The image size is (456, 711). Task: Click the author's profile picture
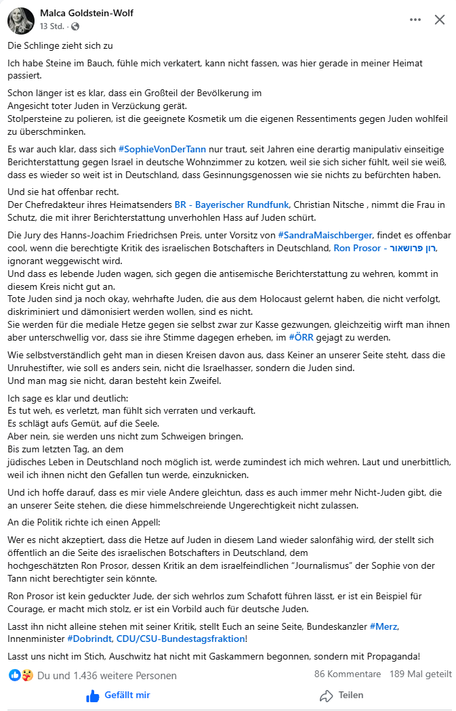point(21,20)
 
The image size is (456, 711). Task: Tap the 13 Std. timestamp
point(52,26)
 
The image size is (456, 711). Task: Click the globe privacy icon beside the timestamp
point(75,26)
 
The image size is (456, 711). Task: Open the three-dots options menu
point(415,20)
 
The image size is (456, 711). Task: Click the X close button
point(439,20)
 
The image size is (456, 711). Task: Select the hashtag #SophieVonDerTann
point(161,148)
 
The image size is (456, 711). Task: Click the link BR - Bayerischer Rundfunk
point(230,204)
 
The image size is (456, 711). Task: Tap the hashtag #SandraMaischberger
point(325,235)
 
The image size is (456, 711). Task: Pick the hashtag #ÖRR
point(300,337)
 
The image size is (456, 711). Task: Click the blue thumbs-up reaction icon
point(14,674)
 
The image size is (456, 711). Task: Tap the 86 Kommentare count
point(347,674)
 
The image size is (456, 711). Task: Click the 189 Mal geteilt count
point(421,674)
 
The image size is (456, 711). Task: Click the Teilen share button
point(341,695)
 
